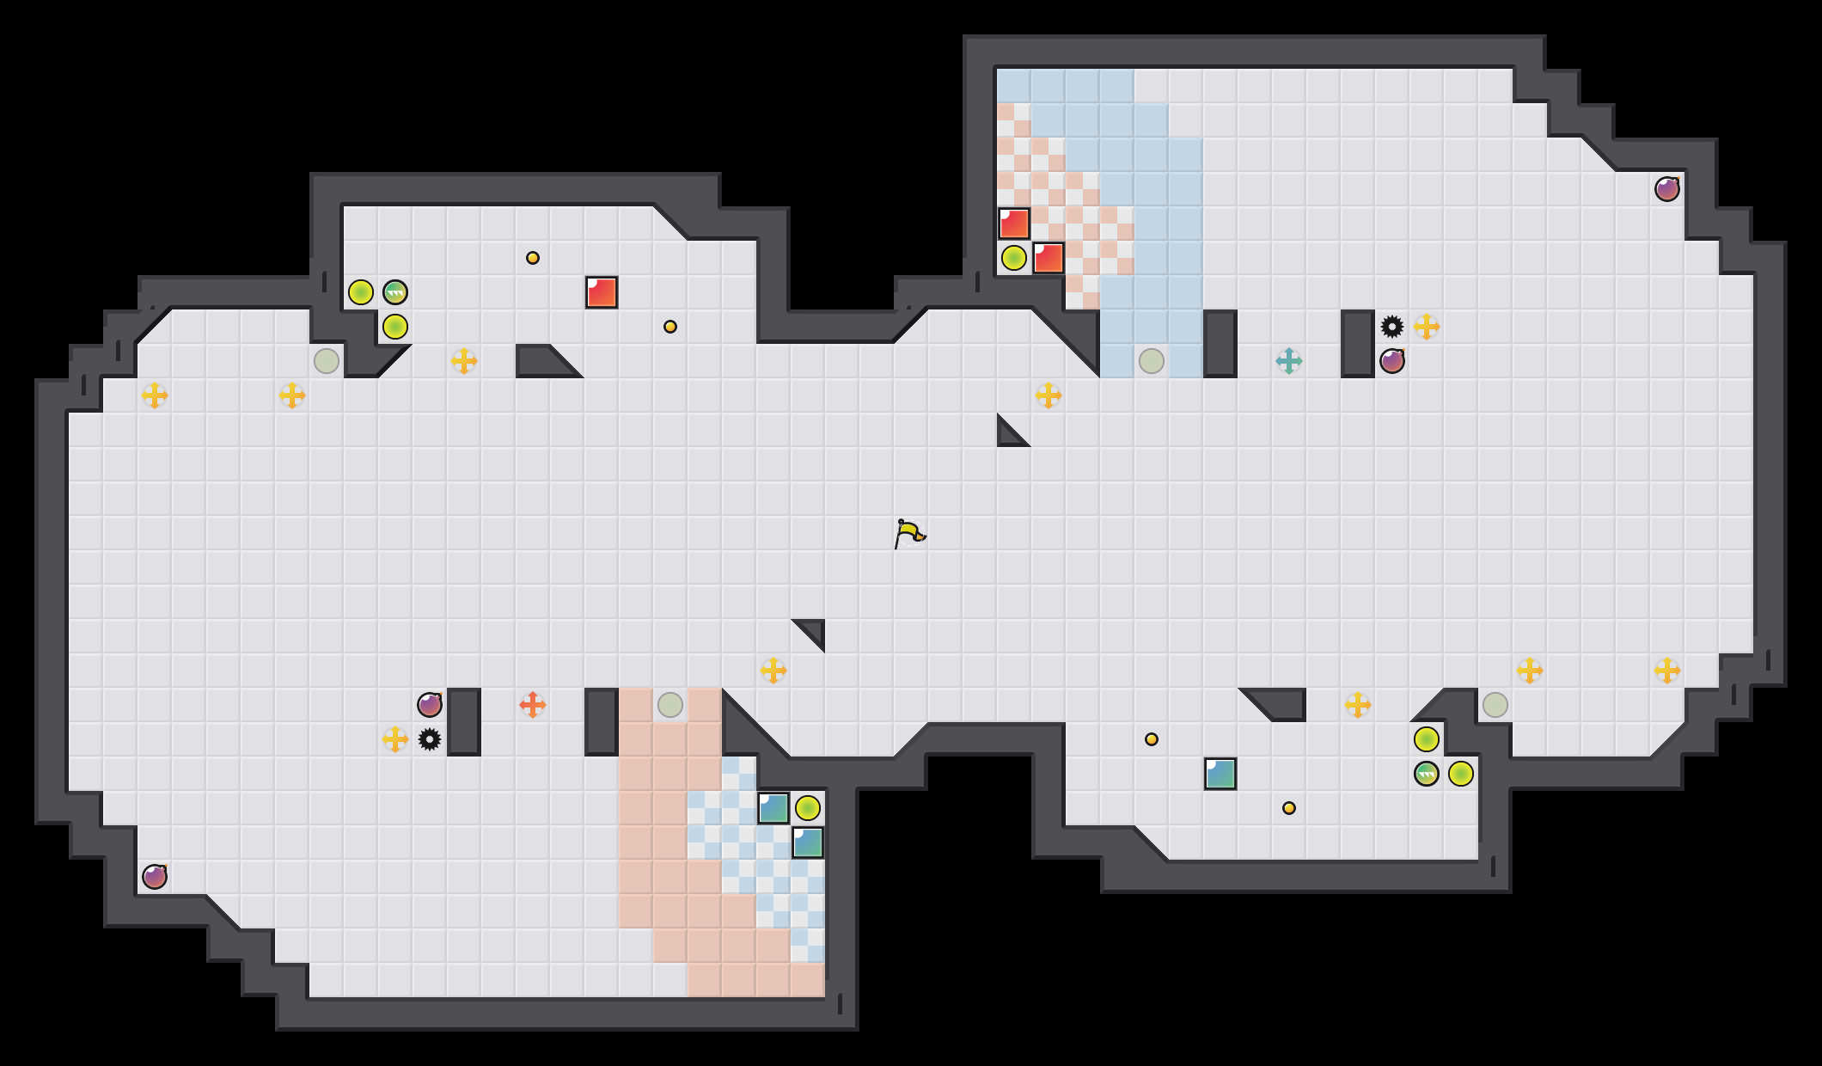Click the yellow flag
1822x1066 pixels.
(x=909, y=534)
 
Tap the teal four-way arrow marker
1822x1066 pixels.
(x=1288, y=361)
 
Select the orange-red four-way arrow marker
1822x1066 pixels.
(x=532, y=705)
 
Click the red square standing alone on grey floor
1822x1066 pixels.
(x=602, y=292)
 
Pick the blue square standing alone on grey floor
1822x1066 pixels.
(x=1220, y=774)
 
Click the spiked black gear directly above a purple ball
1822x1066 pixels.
(x=1392, y=327)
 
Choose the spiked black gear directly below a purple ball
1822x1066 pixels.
(x=430, y=739)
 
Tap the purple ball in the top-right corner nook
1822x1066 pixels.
(x=1667, y=189)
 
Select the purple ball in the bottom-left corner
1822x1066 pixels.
(x=155, y=877)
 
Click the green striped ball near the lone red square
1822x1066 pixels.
(x=395, y=292)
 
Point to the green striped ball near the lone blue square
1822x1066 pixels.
(x=1427, y=774)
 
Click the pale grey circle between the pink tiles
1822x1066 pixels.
(x=670, y=705)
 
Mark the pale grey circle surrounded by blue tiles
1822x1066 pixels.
(x=1152, y=361)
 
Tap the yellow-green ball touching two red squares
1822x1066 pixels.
(x=1014, y=258)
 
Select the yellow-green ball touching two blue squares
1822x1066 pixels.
(x=808, y=808)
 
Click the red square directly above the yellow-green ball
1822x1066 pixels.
(x=1014, y=224)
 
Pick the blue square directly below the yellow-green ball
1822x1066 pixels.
(x=808, y=842)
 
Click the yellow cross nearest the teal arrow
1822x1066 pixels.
(x=1427, y=327)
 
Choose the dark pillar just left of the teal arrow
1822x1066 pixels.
(x=1220, y=344)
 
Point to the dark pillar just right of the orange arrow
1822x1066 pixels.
(x=602, y=722)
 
